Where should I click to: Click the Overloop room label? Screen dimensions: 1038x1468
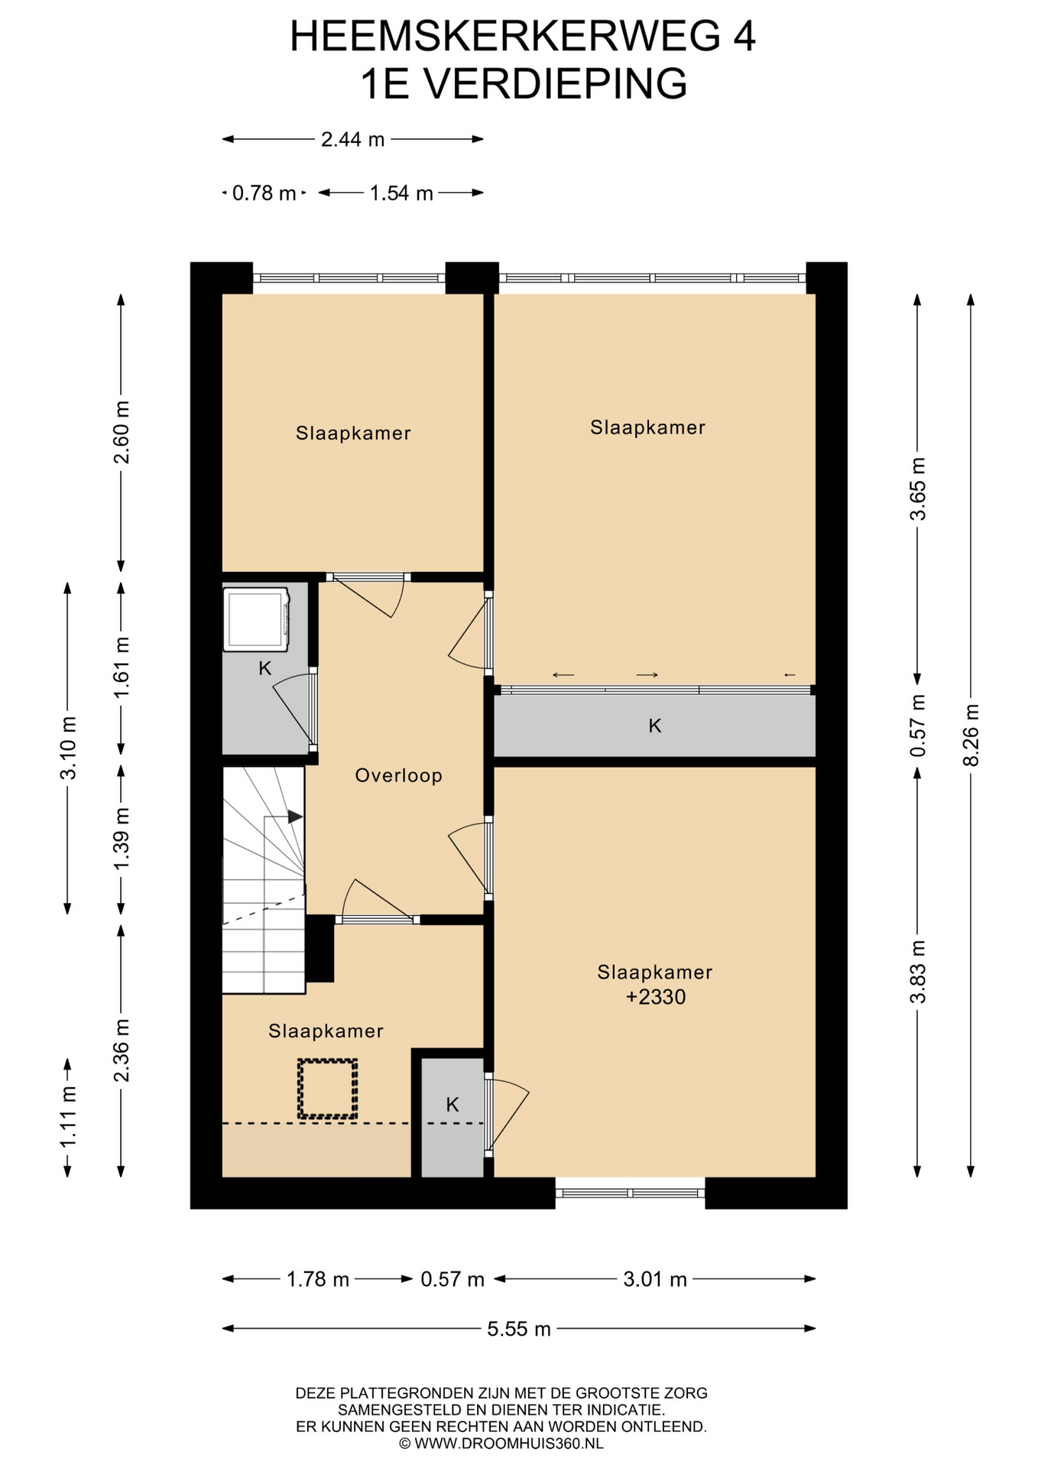coord(398,775)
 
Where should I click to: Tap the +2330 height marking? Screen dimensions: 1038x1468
coord(656,997)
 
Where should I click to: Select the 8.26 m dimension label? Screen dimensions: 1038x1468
coord(971,735)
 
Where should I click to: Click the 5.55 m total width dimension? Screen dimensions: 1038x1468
coord(519,1329)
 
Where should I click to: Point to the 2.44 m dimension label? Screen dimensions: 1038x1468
coord(352,139)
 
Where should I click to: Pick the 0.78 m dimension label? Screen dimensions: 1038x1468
coord(264,193)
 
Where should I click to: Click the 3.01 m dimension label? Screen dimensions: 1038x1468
coord(655,1279)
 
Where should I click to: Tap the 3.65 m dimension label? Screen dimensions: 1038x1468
coord(918,489)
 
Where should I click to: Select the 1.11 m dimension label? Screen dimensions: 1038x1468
coord(68,1117)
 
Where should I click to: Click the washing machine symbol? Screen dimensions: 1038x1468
coord(257,619)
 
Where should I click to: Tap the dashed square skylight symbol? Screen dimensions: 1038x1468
coord(327,1090)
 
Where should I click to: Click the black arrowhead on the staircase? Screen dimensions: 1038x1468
coord(295,817)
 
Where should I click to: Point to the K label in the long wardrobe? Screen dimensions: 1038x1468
coord(655,726)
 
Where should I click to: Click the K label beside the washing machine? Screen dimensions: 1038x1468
coord(265,668)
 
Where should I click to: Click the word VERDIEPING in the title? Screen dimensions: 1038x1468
coord(556,84)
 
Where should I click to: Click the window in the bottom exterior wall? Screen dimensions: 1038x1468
coord(630,1193)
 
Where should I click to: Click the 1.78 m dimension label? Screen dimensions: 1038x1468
coord(318,1279)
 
